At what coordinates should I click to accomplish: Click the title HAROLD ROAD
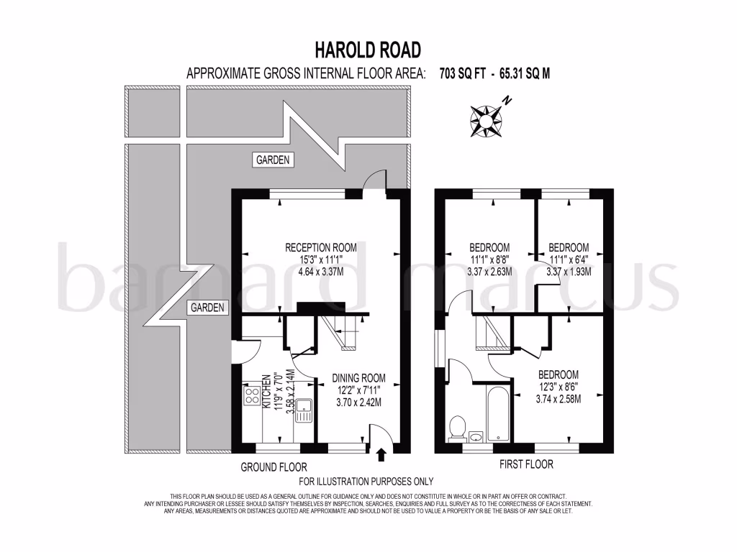(x=368, y=50)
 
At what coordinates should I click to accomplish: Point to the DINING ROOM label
(x=358, y=378)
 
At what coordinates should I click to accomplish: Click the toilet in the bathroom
(x=456, y=428)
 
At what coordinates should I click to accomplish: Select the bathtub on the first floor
(x=498, y=415)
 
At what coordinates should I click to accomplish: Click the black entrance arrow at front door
(x=381, y=454)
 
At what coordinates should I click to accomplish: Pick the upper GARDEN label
(x=273, y=160)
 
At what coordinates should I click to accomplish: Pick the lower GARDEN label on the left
(x=207, y=308)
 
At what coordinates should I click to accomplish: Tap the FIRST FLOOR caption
(x=526, y=464)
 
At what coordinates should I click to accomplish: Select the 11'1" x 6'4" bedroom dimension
(x=568, y=259)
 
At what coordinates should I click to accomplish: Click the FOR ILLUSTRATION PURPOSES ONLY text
(x=366, y=482)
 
